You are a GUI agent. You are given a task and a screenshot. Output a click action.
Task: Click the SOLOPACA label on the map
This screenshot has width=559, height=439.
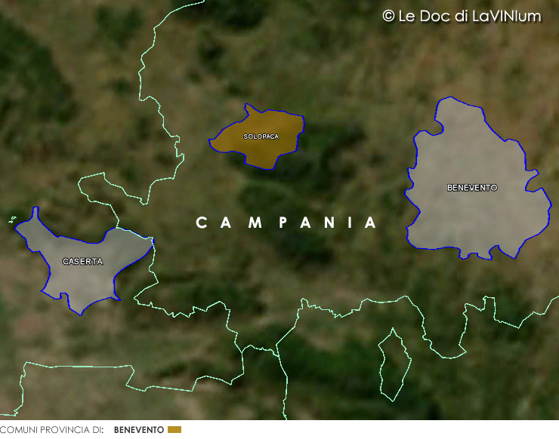(261, 137)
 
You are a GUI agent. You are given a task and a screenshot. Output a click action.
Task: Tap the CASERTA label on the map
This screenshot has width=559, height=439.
(82, 261)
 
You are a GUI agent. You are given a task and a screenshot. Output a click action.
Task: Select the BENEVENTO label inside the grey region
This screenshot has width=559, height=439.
(472, 187)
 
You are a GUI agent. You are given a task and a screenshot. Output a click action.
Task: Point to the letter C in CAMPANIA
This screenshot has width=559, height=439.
(201, 223)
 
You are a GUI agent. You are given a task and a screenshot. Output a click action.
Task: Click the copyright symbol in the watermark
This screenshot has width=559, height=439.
(388, 16)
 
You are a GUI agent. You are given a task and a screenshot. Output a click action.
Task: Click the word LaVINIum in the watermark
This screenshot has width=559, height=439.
(505, 16)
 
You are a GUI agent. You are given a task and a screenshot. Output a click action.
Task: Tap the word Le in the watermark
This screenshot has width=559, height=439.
(408, 16)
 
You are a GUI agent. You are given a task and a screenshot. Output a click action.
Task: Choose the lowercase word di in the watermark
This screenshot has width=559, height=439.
(461, 16)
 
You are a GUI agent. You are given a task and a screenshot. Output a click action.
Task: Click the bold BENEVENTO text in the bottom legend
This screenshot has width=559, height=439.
(138, 430)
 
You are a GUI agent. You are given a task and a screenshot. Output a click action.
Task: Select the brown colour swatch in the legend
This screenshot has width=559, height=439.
(174, 430)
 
